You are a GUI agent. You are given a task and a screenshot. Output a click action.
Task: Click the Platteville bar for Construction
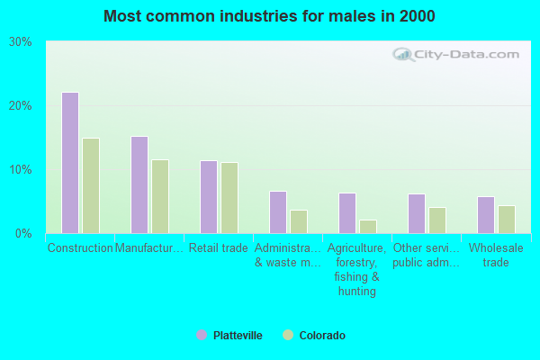point(69,163)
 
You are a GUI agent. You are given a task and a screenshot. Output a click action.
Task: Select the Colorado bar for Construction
point(91,185)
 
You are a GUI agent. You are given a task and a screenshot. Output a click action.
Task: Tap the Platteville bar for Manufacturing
point(139,184)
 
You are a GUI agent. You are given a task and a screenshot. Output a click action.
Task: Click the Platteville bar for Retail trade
point(208,197)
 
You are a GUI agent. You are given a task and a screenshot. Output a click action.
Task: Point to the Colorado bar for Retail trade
point(229,198)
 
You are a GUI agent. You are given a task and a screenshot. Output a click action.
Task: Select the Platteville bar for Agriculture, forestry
point(346,213)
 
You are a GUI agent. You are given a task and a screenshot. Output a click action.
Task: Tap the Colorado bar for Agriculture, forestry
point(368,226)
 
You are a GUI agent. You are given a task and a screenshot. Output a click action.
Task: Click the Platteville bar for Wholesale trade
point(485,215)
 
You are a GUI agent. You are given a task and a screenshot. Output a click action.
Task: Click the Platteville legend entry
point(229,336)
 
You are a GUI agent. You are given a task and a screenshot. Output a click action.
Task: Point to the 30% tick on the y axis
point(20,42)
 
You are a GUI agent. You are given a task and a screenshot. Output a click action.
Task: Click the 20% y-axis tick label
point(20,106)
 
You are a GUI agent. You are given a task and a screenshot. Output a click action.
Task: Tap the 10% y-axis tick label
point(20,170)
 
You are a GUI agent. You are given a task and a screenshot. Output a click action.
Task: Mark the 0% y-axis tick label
point(23,234)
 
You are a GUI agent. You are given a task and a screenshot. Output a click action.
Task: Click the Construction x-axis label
point(80,247)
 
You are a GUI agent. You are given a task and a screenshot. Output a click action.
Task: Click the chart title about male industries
point(269,16)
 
